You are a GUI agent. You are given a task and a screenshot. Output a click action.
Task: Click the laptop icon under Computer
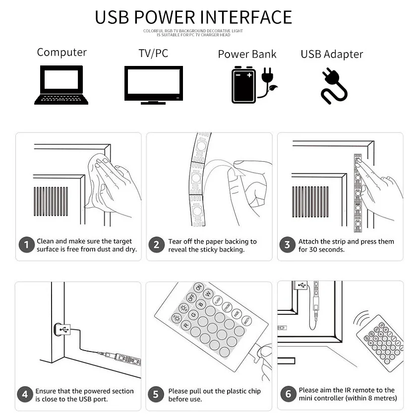(61, 85)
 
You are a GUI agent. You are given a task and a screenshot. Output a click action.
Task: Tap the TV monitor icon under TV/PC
(154, 85)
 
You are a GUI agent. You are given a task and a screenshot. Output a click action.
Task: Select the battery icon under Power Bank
(243, 85)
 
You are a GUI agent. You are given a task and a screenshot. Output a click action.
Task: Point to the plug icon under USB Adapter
(334, 86)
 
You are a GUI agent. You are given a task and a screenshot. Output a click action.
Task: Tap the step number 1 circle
(26, 244)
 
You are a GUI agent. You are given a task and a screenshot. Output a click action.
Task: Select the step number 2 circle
(157, 244)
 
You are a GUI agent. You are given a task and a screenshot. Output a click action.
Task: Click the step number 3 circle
(287, 244)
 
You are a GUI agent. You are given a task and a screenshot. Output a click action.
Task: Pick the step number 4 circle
(25, 394)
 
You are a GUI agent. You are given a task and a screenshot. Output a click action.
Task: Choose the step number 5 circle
(156, 394)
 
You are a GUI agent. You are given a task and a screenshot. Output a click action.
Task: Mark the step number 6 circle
(288, 394)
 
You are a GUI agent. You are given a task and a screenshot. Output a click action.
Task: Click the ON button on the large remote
(199, 288)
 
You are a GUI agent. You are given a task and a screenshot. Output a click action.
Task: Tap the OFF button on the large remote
(191, 297)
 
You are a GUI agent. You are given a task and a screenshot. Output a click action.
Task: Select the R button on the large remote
(186, 325)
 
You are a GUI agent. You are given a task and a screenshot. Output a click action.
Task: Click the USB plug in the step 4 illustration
(62, 330)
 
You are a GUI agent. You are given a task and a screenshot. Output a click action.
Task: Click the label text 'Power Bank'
(247, 54)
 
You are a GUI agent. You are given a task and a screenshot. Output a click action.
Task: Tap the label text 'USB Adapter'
(332, 55)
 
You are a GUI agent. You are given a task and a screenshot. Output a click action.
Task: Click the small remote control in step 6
(380, 343)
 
